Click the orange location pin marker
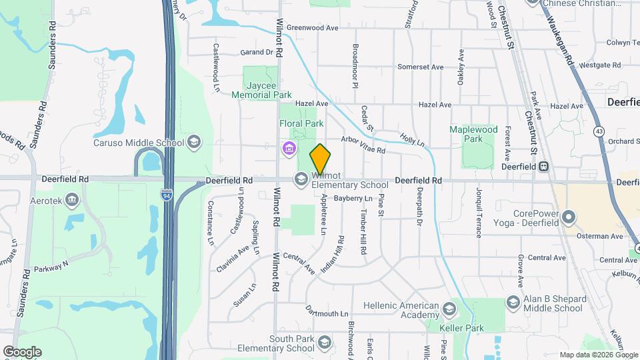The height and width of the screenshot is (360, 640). pos(320,159)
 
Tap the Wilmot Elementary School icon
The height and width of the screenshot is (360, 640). pos(301,178)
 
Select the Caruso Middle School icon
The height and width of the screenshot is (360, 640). pos(193,141)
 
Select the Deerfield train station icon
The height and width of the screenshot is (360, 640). pos(544,166)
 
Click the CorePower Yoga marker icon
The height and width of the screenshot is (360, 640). pos(569,217)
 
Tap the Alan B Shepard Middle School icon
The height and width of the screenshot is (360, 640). pos(513,303)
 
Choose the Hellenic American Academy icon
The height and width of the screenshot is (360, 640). pos(449,309)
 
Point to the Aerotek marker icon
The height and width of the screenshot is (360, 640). pos(72,199)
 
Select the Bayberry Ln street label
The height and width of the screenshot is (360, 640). pos(353,198)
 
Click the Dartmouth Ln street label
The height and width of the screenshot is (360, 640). pos(327,313)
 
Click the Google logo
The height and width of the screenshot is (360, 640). pos(22,351)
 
